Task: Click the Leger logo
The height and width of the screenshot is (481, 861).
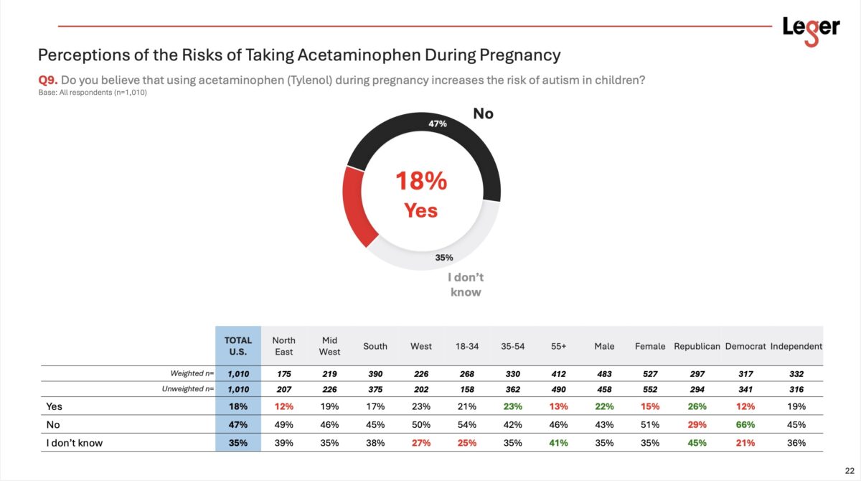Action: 811,29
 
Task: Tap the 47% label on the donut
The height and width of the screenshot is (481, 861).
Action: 438,123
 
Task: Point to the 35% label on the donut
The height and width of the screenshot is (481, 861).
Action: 445,258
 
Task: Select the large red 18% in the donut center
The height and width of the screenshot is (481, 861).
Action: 421,182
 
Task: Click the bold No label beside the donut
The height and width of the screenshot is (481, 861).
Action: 483,113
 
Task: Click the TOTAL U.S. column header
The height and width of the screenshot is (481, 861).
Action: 237,346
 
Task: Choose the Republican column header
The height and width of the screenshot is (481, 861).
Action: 697,346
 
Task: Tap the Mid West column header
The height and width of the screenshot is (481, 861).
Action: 329,346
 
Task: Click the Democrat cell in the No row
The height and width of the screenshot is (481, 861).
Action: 745,424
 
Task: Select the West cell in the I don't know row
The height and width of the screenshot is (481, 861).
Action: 421,443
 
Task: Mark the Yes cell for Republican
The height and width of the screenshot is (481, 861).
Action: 697,406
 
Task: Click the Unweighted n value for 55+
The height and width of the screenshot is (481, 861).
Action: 559,389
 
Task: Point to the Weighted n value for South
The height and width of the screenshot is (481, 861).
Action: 375,374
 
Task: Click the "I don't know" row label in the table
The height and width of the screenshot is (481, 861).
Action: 75,443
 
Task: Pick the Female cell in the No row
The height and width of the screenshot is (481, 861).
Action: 649,424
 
